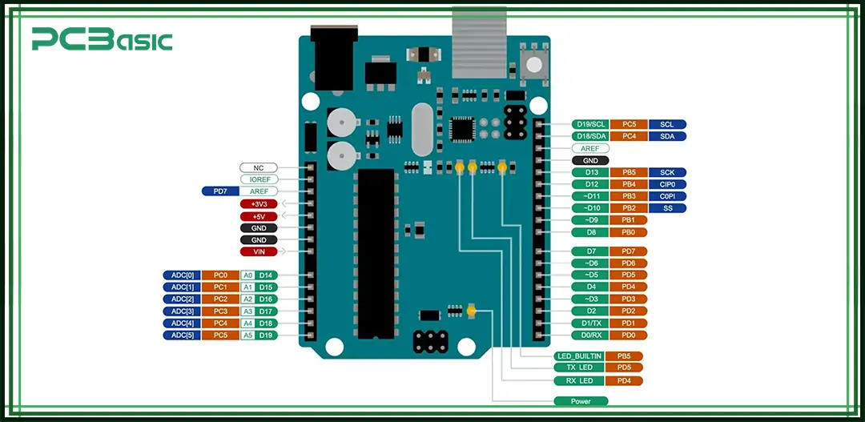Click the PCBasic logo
(x=102, y=39)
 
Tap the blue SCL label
(x=666, y=124)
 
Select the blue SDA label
(x=666, y=136)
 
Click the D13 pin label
(x=591, y=172)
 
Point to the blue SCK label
(x=666, y=172)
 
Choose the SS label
(x=666, y=208)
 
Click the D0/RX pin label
(x=591, y=335)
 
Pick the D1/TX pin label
(x=591, y=323)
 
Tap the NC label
(x=259, y=167)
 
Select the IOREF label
(x=259, y=179)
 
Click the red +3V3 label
(x=259, y=204)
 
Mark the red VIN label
(x=259, y=251)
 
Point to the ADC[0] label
(x=180, y=275)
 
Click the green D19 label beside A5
(x=267, y=335)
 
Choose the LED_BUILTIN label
(x=578, y=356)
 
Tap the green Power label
(x=581, y=400)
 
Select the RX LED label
(x=578, y=380)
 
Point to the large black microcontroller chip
(x=376, y=252)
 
